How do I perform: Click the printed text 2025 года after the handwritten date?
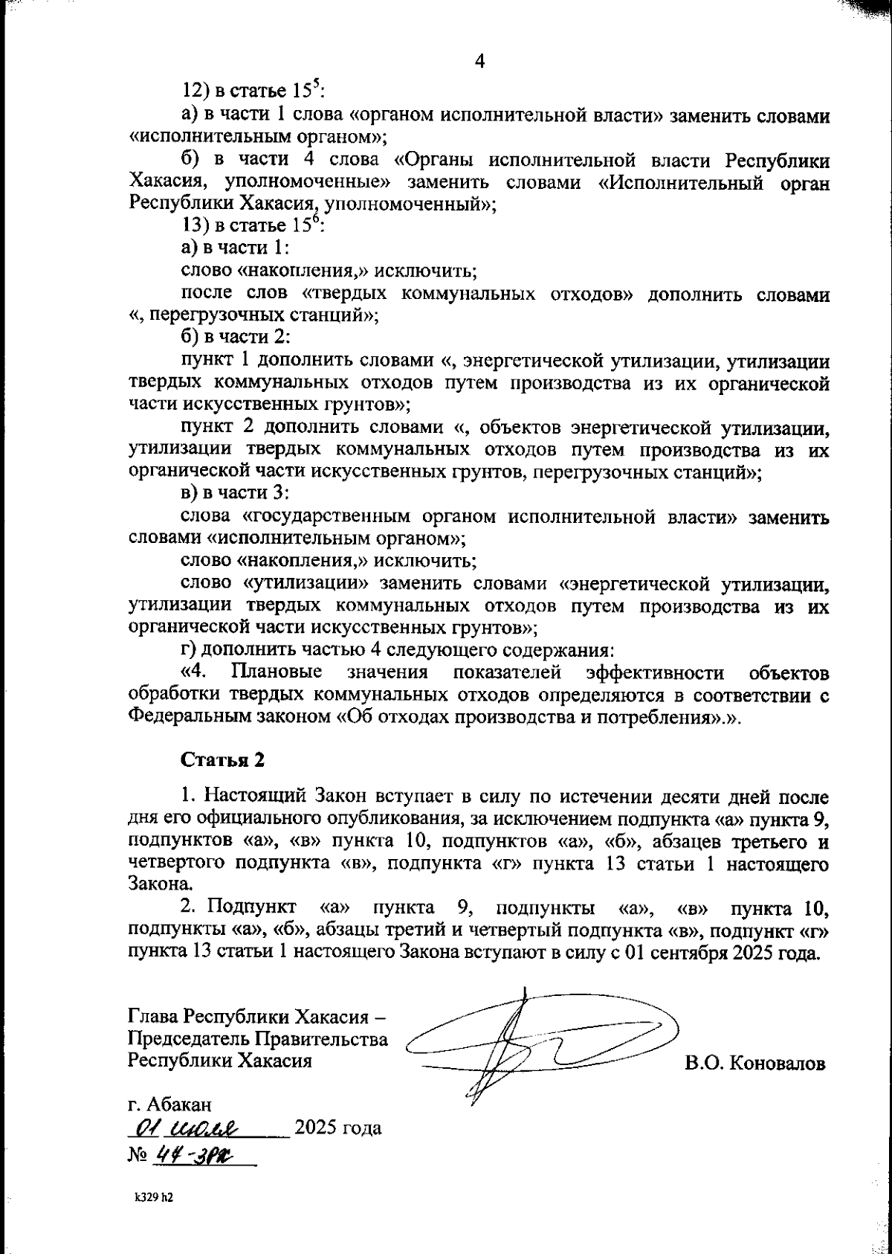(338, 1128)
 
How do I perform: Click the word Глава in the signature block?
(153, 1016)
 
